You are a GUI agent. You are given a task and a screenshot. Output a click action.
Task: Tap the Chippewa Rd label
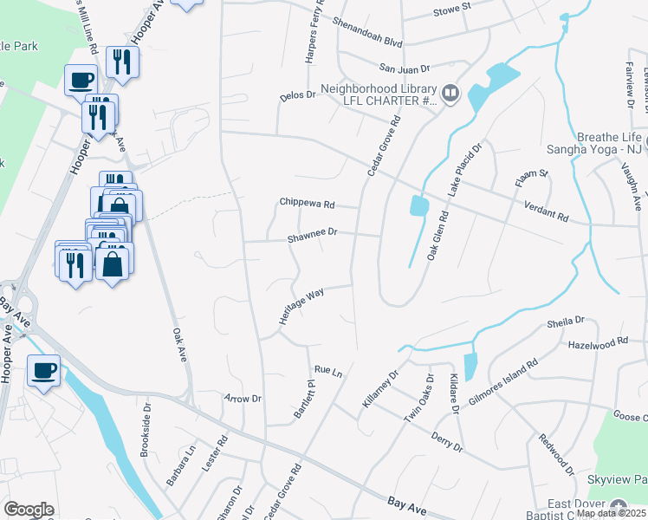pyautogui.click(x=307, y=203)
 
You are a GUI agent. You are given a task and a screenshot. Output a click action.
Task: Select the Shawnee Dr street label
pyautogui.click(x=312, y=233)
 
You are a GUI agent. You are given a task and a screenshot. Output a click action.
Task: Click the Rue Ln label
pyautogui.click(x=328, y=370)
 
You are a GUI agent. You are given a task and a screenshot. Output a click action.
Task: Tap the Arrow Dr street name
pyautogui.click(x=243, y=399)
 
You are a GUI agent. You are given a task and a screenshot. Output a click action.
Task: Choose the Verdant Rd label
pyautogui.click(x=546, y=210)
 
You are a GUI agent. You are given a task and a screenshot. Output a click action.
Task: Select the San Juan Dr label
pyautogui.click(x=405, y=68)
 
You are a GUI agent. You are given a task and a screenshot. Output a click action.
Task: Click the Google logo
pyautogui.click(x=29, y=509)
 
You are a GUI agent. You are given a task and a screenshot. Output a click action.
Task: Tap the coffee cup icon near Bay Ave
pyautogui.click(x=43, y=371)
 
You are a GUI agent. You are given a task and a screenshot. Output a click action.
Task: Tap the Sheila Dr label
pyautogui.click(x=567, y=322)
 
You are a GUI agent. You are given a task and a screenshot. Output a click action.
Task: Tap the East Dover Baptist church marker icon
pyautogui.click(x=618, y=505)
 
